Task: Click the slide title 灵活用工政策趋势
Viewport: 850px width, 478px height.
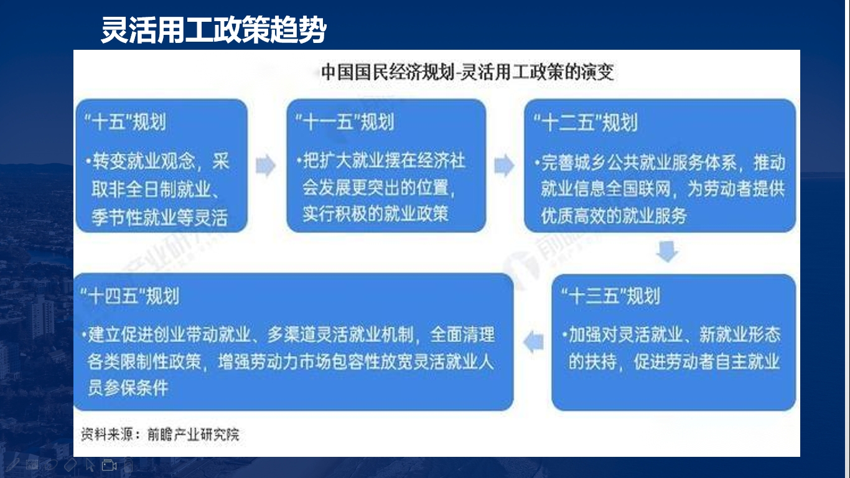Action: (213, 29)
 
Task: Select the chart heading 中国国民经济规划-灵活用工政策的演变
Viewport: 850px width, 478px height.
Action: (467, 72)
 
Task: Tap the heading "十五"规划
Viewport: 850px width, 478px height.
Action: (125, 122)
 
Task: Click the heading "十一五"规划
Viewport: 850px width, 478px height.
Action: (345, 122)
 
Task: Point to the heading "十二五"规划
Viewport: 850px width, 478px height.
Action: (585, 123)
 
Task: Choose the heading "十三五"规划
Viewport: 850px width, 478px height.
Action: (610, 296)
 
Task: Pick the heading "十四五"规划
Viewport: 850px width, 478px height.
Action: (130, 296)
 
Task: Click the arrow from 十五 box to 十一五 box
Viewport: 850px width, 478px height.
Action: (266, 166)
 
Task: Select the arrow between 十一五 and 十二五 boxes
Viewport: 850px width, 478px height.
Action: (504, 166)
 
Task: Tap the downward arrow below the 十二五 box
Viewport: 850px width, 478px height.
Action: (667, 251)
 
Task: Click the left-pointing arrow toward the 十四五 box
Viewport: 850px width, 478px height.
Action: (533, 342)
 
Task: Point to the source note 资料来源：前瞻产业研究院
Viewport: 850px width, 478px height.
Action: (160, 434)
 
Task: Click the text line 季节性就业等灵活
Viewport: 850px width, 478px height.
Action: (159, 218)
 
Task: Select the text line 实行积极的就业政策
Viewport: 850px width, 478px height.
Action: (375, 213)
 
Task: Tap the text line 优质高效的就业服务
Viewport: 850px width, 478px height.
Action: (614, 216)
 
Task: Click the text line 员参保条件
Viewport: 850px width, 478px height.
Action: (128, 388)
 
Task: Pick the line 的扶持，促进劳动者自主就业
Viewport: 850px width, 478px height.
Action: (674, 362)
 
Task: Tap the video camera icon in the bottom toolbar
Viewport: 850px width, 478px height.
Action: (109, 465)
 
